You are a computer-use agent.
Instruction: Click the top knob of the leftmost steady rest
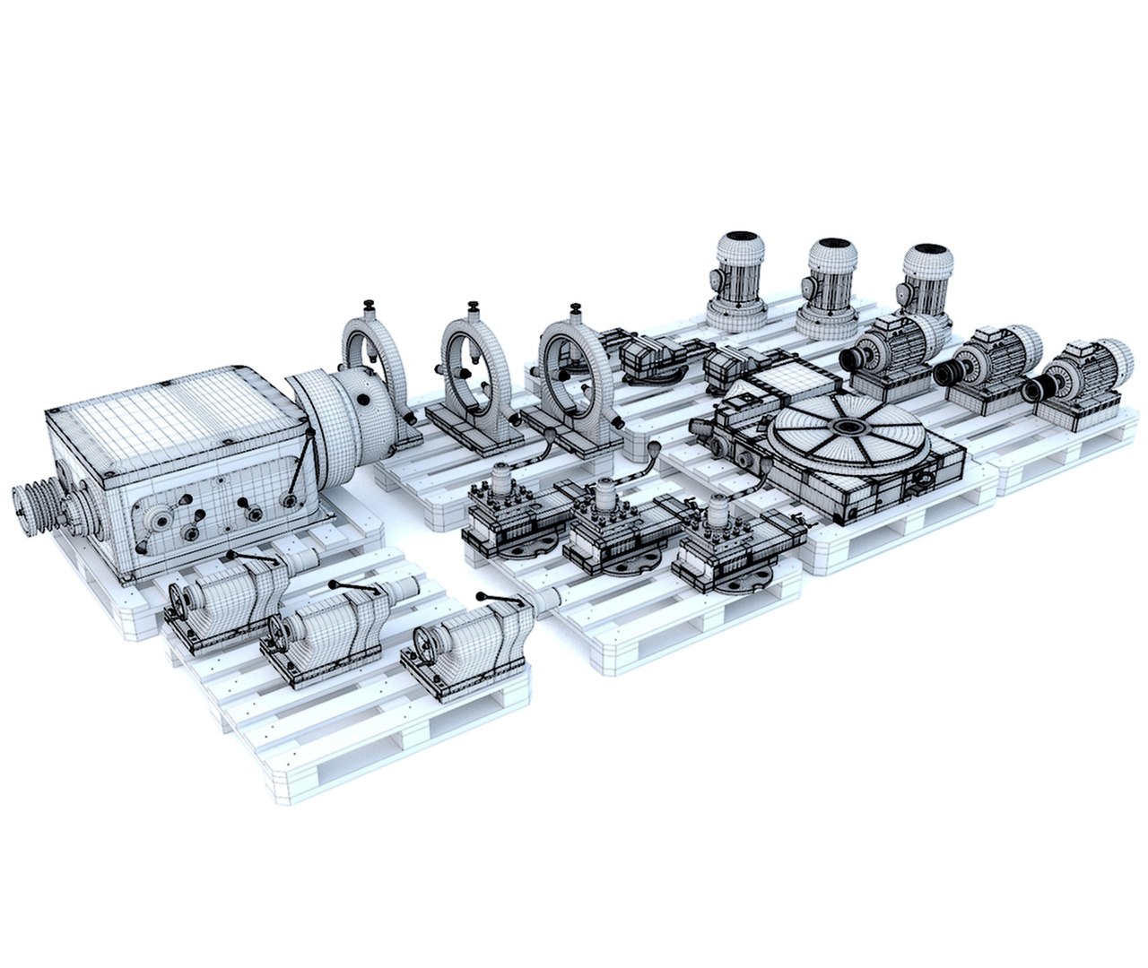(369, 307)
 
